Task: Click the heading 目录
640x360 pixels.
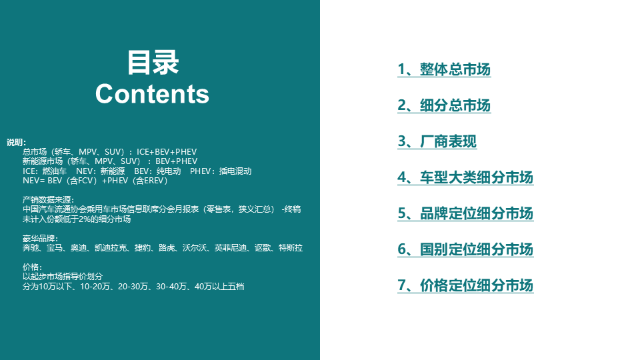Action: click(x=153, y=63)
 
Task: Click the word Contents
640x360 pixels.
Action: click(x=153, y=94)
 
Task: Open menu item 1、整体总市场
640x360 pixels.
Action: click(x=444, y=69)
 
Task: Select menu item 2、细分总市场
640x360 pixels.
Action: click(x=444, y=105)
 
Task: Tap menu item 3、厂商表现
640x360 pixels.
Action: click(x=437, y=141)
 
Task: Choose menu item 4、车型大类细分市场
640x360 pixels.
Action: click(x=465, y=177)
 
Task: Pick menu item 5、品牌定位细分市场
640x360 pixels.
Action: click(x=465, y=213)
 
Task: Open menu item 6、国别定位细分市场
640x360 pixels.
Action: click(x=465, y=249)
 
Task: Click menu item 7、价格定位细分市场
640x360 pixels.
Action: click(x=465, y=285)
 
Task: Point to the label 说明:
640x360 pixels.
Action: click(x=16, y=143)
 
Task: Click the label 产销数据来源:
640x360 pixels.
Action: click(x=49, y=200)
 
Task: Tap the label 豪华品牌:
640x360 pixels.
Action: click(x=40, y=239)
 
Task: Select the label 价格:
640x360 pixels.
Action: click(x=32, y=267)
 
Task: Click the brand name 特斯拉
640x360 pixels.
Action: click(x=291, y=248)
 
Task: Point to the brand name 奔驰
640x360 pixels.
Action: click(x=31, y=248)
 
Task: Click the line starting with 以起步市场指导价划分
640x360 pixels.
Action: click(x=63, y=277)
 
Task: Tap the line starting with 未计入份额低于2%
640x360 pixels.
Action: click(x=77, y=219)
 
